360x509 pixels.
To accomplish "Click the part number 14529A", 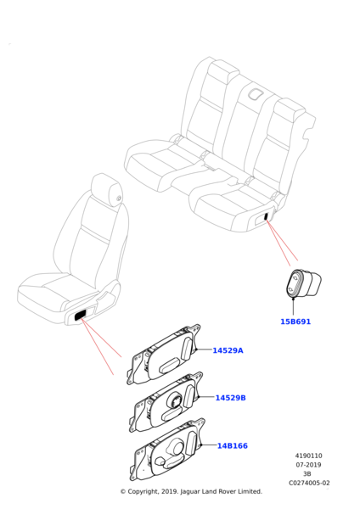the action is click(228, 350).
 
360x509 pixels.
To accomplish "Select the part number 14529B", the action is click(231, 398).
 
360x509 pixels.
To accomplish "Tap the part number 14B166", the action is click(233, 445).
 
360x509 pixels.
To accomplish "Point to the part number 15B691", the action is click(295, 322).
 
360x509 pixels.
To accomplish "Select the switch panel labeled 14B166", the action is click(167, 450).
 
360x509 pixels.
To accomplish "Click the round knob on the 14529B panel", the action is click(174, 401).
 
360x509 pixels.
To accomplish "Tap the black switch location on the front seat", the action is click(81, 315).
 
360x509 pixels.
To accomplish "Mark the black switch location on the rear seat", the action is click(266, 215).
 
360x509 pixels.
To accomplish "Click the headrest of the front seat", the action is click(107, 189).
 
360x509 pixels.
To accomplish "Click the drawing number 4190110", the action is click(309, 456).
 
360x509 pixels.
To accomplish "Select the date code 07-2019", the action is click(309, 465).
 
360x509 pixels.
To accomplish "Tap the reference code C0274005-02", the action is click(309, 483).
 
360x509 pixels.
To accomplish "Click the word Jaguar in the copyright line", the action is click(191, 492).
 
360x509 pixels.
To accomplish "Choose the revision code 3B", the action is click(307, 474).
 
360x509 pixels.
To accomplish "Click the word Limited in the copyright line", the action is click(250, 491).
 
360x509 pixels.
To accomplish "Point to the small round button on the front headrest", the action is click(118, 198).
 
